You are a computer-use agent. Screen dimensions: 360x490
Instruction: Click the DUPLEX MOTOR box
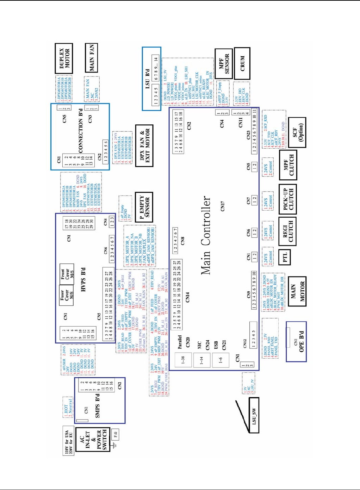(x=64, y=58)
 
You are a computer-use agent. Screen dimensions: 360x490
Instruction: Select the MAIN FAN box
(x=91, y=58)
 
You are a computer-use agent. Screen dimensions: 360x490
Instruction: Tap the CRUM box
(x=242, y=63)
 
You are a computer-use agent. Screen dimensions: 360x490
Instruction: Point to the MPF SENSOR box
(x=224, y=63)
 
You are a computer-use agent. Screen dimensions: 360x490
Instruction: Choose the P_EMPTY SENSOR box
(x=144, y=207)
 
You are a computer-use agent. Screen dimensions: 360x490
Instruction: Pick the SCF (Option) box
(x=297, y=132)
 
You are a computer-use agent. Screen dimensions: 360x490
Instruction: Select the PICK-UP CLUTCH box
(x=287, y=199)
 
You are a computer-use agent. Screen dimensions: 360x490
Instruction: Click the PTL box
(x=285, y=257)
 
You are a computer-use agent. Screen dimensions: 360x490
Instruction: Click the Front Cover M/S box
(x=67, y=274)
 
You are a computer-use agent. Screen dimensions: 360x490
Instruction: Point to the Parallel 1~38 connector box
(x=183, y=359)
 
